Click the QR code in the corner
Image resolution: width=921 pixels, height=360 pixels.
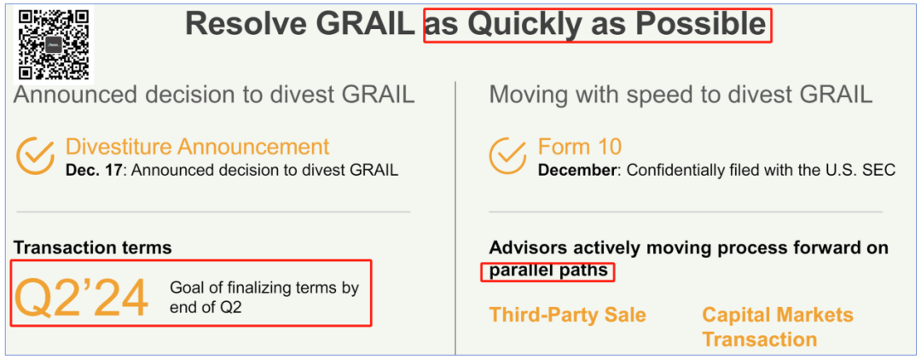pos(54,44)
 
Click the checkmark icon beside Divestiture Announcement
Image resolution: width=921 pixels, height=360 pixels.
pos(35,155)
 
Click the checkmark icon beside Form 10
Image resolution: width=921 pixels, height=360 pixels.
pos(507,155)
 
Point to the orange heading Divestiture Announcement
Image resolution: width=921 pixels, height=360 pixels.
pos(197,146)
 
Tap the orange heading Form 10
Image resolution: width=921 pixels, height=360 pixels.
pos(579,146)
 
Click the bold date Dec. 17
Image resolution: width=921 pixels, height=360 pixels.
pos(95,171)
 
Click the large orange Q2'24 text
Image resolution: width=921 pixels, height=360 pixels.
pos(82,299)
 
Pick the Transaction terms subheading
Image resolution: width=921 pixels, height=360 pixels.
pos(93,248)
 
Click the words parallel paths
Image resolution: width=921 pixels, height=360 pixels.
pos(547,272)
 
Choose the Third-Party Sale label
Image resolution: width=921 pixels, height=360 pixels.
pos(567,315)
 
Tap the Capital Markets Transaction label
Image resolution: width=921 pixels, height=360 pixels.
pos(778,327)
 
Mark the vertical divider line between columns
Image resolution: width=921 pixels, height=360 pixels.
pos(455,218)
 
